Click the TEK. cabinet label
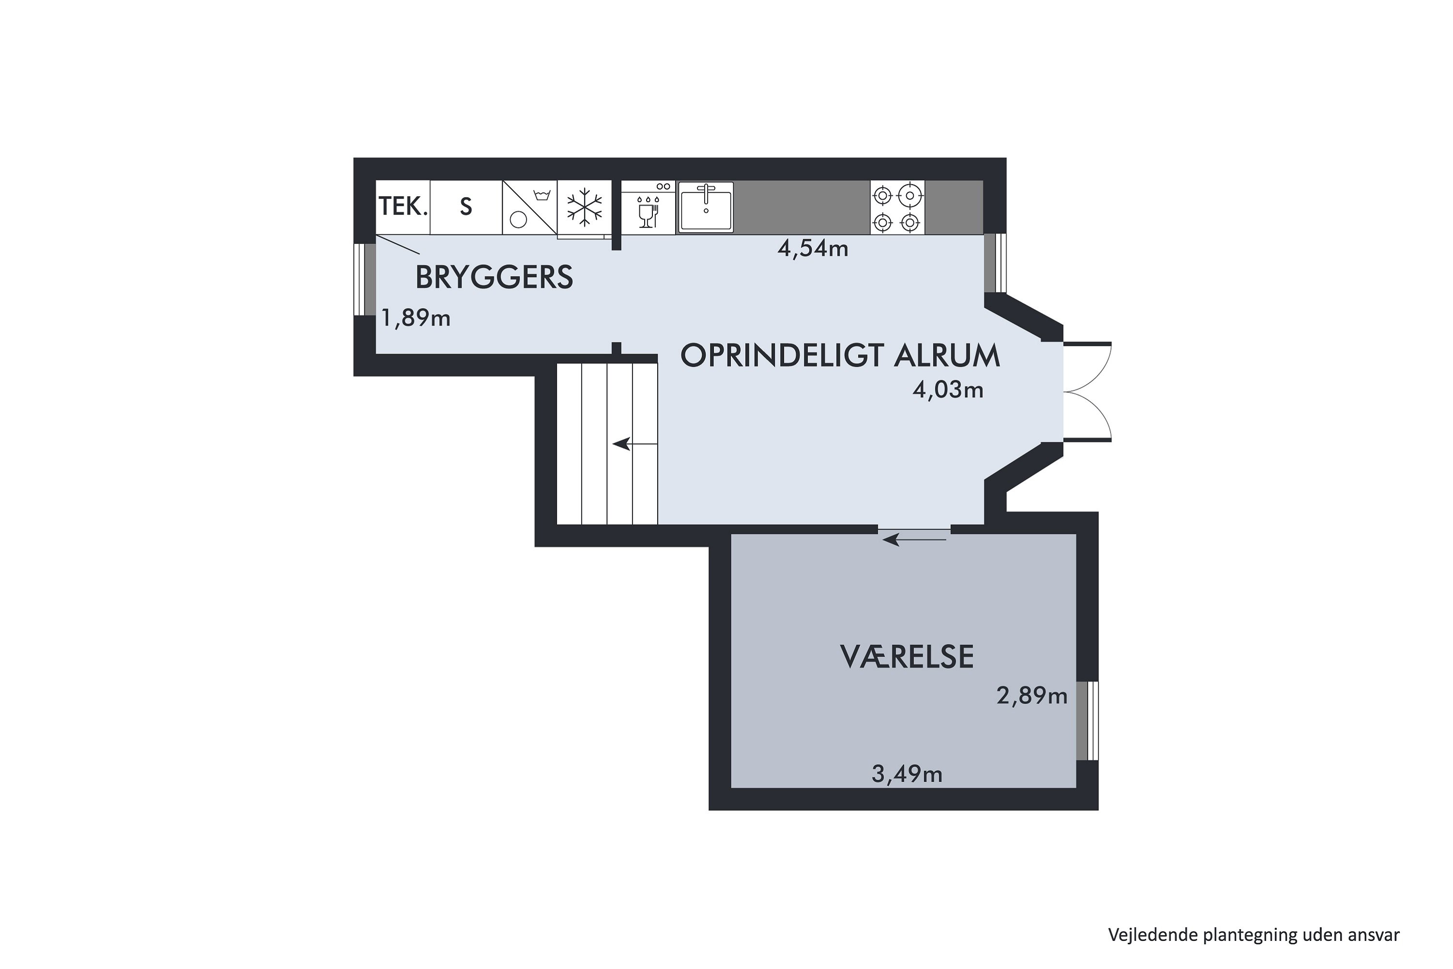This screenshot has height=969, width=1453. [403, 207]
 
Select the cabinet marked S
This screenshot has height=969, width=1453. [466, 207]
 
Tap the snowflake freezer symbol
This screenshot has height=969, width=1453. [585, 207]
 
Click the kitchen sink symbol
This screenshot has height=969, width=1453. [706, 207]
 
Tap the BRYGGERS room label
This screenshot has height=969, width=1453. [494, 278]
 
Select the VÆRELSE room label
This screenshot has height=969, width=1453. [906, 657]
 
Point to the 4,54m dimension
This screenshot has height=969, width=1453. [812, 249]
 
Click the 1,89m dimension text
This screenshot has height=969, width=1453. [416, 318]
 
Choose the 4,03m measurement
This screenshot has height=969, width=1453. [948, 390]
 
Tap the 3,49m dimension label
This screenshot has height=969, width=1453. [906, 774]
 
